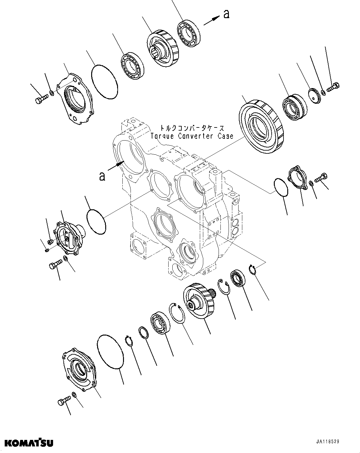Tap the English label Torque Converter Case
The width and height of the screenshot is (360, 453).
pyautogui.click(x=192, y=136)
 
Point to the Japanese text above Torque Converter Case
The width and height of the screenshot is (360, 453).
pyautogui.click(x=192, y=128)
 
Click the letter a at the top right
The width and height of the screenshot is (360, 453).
pyautogui.click(x=226, y=14)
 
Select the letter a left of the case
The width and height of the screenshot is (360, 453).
pyautogui.click(x=102, y=177)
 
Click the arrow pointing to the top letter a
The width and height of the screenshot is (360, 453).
pyautogui.click(x=211, y=21)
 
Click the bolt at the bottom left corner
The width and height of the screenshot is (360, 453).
pyautogui.click(x=64, y=401)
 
